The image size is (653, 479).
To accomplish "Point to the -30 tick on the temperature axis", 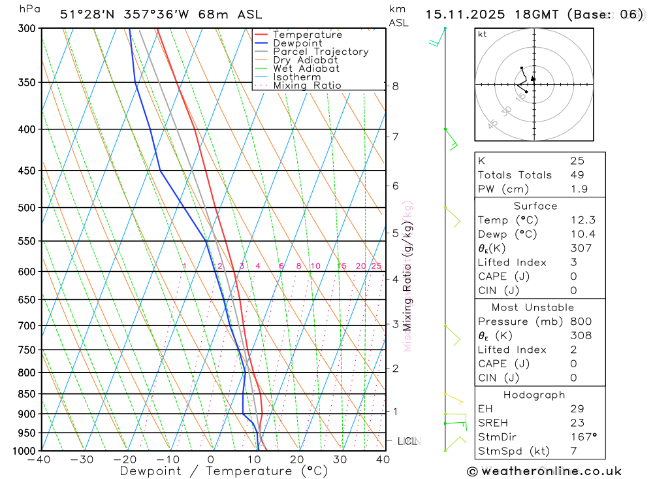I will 82,459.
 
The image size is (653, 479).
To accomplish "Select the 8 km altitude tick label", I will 396,86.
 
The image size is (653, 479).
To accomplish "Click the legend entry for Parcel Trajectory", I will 321,52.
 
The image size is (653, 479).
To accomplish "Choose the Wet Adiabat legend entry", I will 306,69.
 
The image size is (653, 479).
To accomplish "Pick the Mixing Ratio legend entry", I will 307,86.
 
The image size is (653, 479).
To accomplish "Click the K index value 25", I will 577,161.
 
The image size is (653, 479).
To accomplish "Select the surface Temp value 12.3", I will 582,220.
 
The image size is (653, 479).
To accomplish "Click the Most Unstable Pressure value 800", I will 581,322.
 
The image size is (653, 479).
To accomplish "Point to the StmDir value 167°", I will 582,437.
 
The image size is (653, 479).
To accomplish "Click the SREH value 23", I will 577,423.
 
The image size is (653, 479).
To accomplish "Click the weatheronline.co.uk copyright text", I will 545,471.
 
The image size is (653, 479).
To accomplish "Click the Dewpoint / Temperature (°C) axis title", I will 224,471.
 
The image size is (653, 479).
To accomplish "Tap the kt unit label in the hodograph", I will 483,35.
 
